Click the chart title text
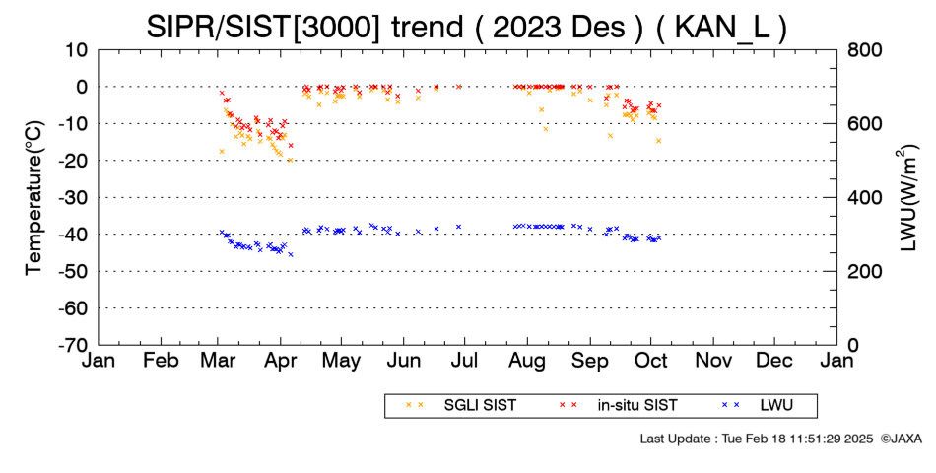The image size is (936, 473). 466,28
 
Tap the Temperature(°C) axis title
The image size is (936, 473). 34,197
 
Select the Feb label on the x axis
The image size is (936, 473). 162,361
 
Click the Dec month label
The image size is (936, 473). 774,361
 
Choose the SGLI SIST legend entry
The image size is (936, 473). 461,406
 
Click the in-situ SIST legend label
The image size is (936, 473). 618,406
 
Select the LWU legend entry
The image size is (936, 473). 758,406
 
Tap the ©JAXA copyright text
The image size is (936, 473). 901,439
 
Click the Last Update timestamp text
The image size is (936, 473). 757,439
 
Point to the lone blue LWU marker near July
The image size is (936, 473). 458,227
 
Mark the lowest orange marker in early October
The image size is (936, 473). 658,141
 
